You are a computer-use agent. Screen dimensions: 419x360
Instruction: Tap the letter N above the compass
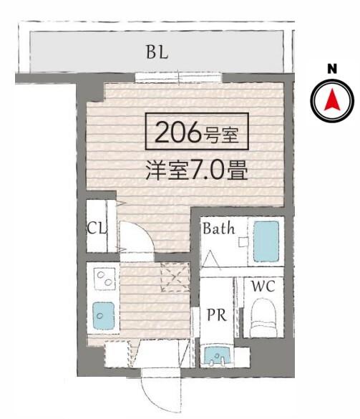click(331, 69)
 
